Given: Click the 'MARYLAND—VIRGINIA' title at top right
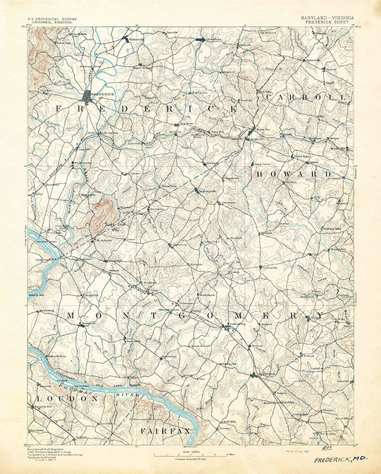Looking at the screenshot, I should (x=327, y=18).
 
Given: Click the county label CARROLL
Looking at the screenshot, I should (x=305, y=97).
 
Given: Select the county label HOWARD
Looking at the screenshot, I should (x=293, y=174).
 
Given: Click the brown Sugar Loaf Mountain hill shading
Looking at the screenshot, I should (x=102, y=211).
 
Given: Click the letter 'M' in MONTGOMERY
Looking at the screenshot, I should (x=71, y=315).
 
